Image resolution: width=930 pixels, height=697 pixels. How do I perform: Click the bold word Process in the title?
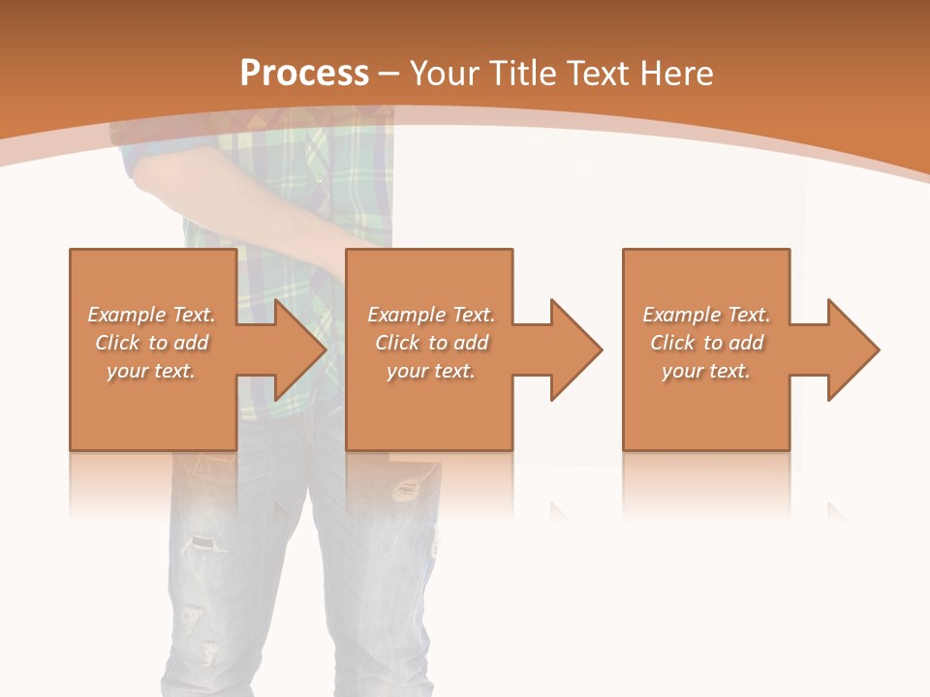304,74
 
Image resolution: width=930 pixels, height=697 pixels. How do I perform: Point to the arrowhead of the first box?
301,349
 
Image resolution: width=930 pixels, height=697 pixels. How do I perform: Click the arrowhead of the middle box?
577,349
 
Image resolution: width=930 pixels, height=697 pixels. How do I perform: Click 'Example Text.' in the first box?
151,315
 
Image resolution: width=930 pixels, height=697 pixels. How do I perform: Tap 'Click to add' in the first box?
151,343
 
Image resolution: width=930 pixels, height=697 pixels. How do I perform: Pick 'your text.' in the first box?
151,371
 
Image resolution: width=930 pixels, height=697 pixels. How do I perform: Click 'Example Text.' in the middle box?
431,315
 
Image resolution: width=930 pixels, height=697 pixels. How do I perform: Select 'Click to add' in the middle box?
431,343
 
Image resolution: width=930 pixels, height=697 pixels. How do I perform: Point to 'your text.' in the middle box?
431,371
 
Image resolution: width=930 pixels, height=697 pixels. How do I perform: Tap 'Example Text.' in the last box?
706,315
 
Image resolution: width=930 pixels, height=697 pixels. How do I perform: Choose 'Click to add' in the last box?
706,343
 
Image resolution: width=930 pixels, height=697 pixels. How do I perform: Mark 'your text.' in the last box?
706,371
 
